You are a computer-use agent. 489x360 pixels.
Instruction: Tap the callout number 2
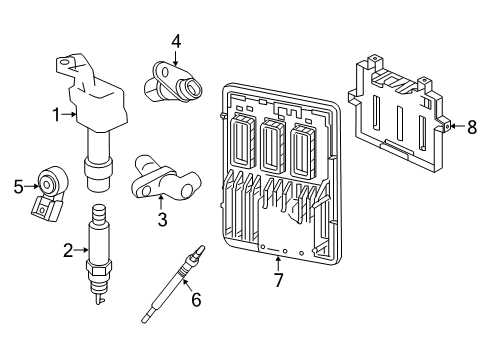(x=67, y=250)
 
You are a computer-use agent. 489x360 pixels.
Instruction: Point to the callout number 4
(x=175, y=40)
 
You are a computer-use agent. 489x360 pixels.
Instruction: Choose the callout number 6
(x=196, y=298)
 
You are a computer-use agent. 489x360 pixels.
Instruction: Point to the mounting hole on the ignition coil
(x=66, y=65)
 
